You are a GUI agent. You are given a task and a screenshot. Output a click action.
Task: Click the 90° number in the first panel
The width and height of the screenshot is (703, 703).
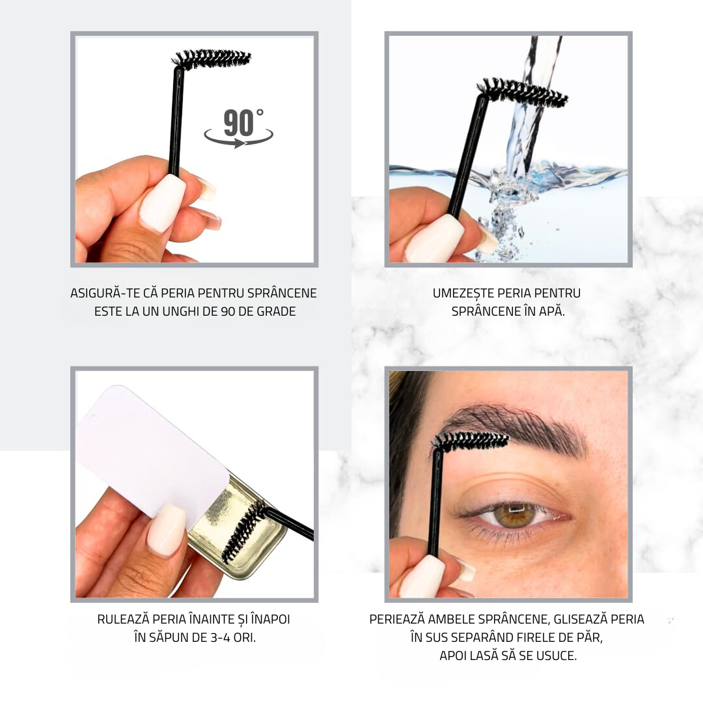click(243, 122)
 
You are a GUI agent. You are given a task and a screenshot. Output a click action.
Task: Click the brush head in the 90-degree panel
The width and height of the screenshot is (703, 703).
click(212, 60)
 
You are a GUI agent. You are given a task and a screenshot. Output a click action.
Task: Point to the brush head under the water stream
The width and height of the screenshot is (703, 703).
click(522, 92)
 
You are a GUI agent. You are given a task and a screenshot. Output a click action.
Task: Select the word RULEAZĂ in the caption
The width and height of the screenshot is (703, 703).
click(123, 619)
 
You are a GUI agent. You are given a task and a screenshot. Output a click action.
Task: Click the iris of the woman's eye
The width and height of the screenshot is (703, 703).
click(515, 514)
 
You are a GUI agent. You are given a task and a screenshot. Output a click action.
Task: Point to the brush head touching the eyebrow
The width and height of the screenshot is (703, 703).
click(471, 440)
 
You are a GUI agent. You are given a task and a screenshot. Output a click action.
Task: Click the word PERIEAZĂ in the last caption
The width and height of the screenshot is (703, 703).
click(397, 619)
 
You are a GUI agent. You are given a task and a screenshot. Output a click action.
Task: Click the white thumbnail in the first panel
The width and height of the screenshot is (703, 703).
click(163, 202)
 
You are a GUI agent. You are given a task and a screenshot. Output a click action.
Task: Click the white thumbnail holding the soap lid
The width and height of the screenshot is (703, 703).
click(167, 530)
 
